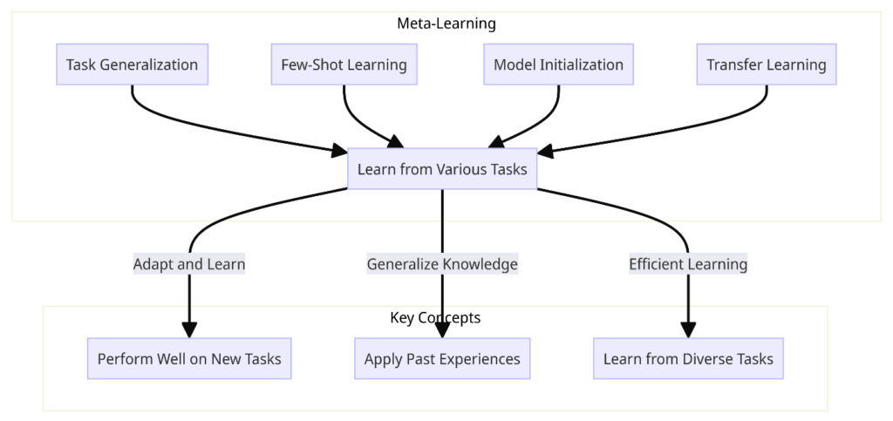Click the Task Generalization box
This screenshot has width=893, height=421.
tap(132, 65)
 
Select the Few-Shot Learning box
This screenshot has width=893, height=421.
tap(344, 65)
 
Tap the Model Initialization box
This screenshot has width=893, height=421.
tap(558, 65)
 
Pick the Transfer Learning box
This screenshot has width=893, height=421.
tap(766, 65)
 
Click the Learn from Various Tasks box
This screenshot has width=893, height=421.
tap(442, 169)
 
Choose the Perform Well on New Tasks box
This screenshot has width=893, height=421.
tap(189, 359)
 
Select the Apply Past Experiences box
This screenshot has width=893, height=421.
tap(442, 359)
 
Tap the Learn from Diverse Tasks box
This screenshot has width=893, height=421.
tap(688, 359)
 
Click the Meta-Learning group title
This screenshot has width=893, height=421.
tap(446, 24)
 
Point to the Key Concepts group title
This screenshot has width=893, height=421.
tap(435, 317)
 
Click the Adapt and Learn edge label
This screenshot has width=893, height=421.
tap(189, 264)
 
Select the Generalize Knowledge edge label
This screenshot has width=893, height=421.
tap(442, 264)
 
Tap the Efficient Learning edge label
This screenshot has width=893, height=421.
tap(688, 264)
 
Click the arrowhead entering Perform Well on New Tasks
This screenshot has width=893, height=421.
tap(189, 330)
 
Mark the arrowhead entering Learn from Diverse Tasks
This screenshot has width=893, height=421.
tap(688, 330)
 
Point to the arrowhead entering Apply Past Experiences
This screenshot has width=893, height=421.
tap(442, 330)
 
